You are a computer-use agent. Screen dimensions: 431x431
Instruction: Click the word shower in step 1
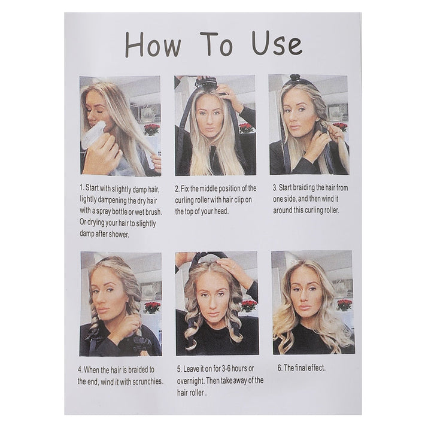pyautogui.click(x=114, y=234)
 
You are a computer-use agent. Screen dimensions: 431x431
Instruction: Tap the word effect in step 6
pyautogui.click(x=317, y=368)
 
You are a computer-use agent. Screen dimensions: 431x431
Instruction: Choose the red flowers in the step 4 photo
pyautogui.click(x=152, y=306)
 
